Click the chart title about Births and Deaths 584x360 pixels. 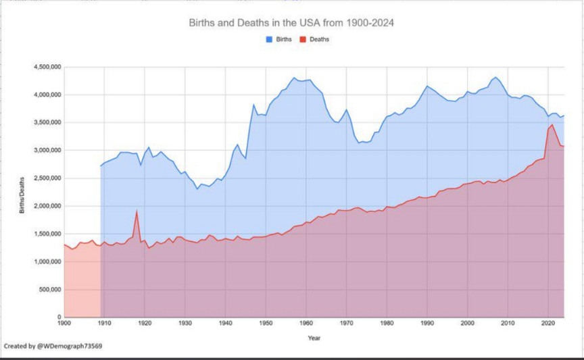(x=291, y=23)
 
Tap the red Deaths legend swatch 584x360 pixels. (x=303, y=39)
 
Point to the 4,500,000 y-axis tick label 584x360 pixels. (x=47, y=67)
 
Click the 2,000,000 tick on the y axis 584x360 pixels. (x=47, y=206)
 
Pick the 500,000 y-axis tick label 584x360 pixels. (x=49, y=290)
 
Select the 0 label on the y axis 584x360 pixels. (x=59, y=317)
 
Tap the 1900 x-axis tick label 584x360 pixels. (x=64, y=324)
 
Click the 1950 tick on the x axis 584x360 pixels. (x=266, y=324)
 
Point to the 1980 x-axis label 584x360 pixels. (x=387, y=324)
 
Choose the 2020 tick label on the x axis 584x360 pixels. (x=547, y=324)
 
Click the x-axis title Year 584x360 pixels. (x=314, y=337)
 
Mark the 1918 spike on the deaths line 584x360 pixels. (x=137, y=211)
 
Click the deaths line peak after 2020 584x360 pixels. (x=552, y=125)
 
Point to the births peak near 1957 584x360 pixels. (x=294, y=78)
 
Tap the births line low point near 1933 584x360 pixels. (x=197, y=188)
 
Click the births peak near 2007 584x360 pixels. (x=495, y=77)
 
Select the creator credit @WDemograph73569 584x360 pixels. (x=53, y=346)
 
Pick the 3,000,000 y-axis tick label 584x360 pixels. (x=47, y=151)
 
